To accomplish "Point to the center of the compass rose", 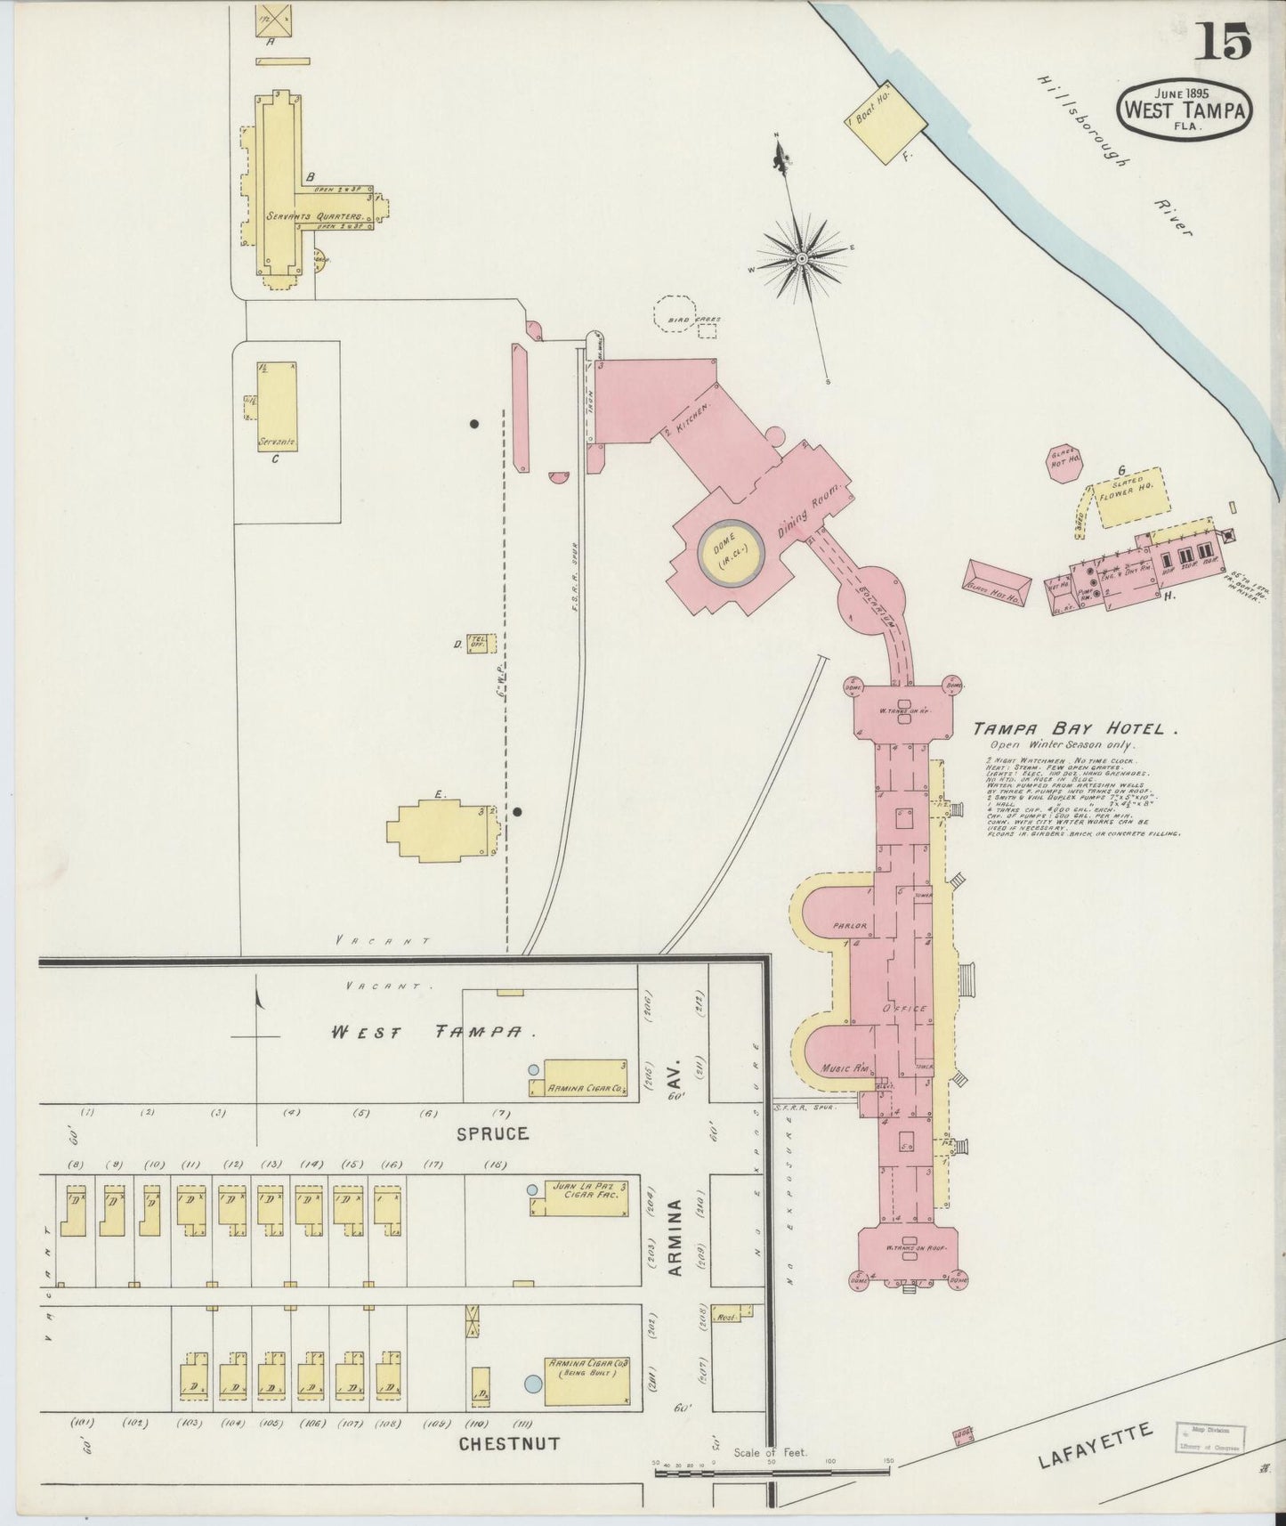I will pos(802,258).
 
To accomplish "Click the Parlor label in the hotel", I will pos(849,926).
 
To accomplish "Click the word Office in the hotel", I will pos(905,1009).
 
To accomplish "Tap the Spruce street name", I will pos(492,1133).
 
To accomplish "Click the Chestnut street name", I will pos(508,1443).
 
